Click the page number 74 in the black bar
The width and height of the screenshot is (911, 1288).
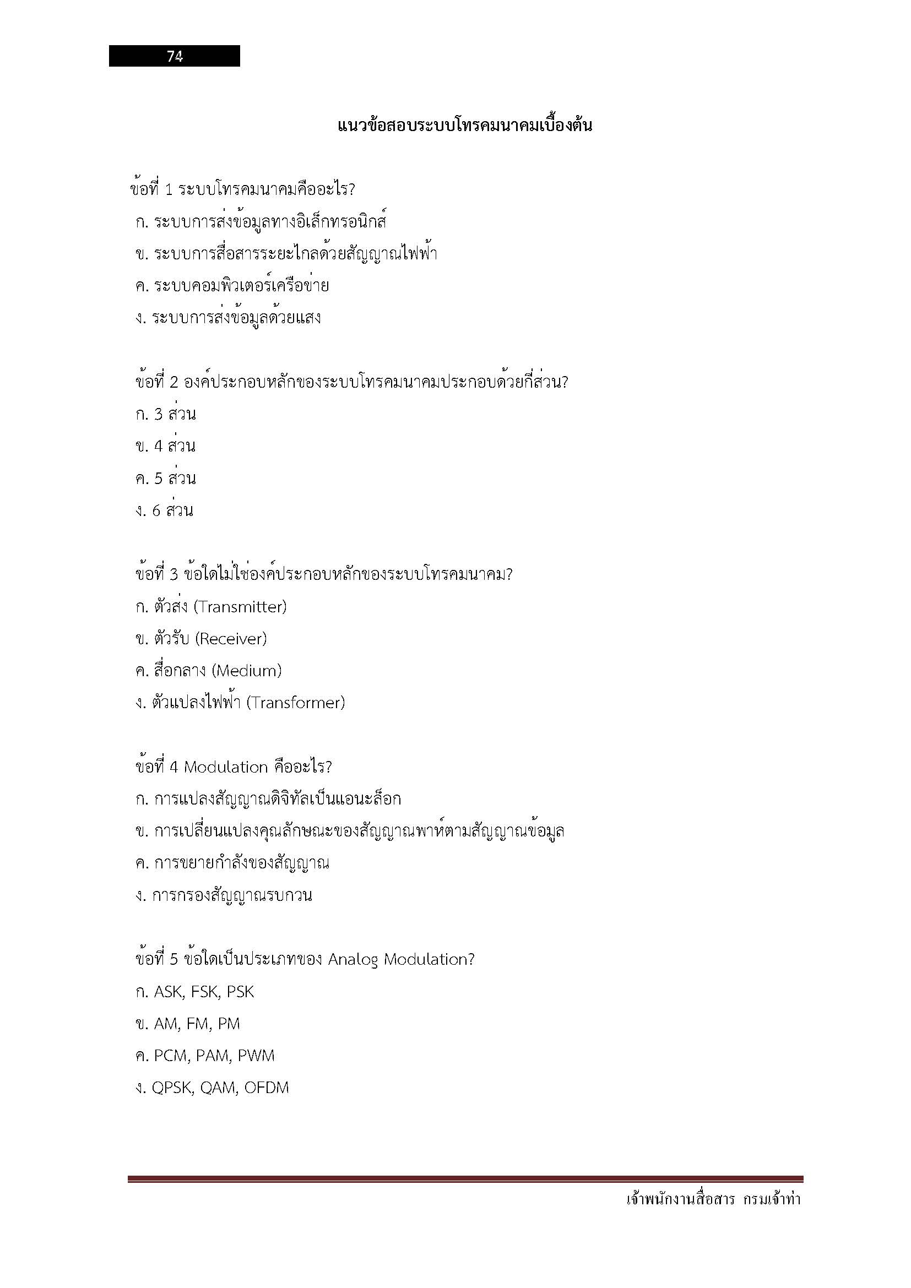[175, 56]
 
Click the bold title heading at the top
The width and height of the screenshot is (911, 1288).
[464, 125]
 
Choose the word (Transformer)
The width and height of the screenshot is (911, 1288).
[295, 703]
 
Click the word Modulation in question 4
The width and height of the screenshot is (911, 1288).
[225, 768]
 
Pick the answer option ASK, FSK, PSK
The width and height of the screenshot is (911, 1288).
[204, 992]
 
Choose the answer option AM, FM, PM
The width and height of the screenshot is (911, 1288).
[196, 1024]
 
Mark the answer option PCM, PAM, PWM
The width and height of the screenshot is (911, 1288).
[214, 1056]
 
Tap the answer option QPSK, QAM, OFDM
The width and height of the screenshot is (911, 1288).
[220, 1088]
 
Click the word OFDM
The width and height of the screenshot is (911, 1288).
[267, 1088]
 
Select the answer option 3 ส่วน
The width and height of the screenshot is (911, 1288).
[175, 415]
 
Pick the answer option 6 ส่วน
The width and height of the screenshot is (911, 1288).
[172, 510]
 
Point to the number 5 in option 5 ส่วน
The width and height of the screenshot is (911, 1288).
[158, 479]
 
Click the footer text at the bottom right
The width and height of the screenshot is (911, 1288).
[712, 1200]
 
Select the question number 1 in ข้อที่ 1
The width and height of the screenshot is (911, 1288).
[169, 189]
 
